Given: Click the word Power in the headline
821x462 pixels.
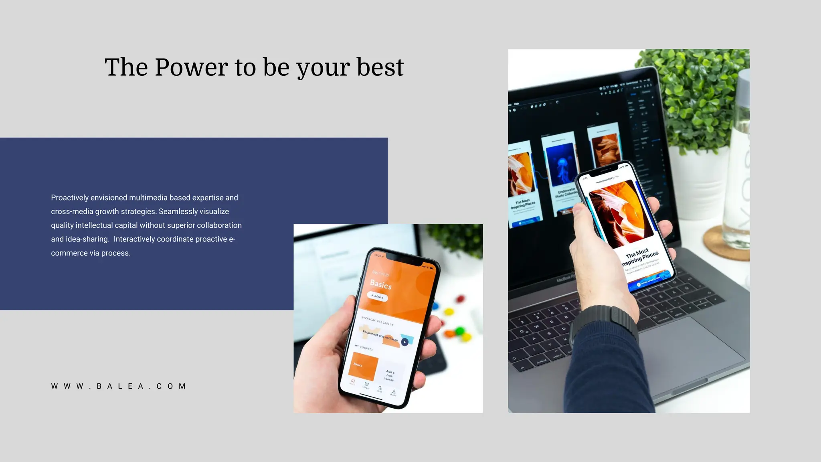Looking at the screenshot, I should [191, 67].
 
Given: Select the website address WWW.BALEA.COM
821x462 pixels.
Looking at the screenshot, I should [119, 386].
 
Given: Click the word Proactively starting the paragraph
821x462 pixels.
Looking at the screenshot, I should [70, 198].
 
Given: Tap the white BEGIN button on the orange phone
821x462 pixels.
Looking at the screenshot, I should [377, 297].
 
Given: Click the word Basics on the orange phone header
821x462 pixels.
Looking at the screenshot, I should [380, 285].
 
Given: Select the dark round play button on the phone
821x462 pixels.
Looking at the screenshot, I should [405, 342].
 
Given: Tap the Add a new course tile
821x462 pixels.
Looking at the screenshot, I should [389, 375].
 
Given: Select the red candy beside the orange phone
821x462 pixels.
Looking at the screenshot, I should [461, 299].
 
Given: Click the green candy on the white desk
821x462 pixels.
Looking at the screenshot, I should [459, 331].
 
